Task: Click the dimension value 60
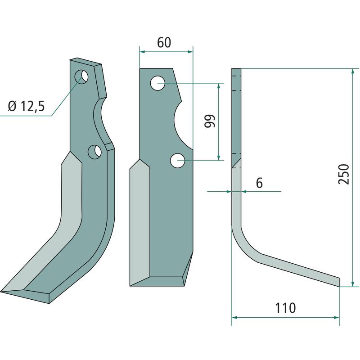tap(164, 42)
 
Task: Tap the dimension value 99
tap(210, 121)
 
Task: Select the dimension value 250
tap(343, 174)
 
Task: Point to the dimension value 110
tap(285, 308)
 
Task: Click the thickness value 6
tap(259, 183)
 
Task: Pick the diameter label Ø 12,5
tap(27, 106)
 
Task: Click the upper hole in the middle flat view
tap(157, 83)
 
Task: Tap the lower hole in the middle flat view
tap(177, 161)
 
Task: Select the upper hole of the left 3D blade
tap(81, 76)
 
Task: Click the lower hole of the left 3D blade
tap(95, 152)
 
